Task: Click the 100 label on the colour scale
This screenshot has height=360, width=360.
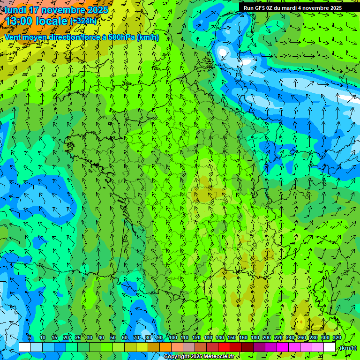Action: coord(173,337)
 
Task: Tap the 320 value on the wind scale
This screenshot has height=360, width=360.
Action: coord(337,337)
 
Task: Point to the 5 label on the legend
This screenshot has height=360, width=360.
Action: coord(30,337)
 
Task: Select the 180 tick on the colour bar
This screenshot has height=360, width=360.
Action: coord(255,337)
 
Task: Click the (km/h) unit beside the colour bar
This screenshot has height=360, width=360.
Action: coord(347,348)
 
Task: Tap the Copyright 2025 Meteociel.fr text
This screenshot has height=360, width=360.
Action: coord(199,357)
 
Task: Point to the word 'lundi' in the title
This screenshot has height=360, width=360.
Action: coord(15,10)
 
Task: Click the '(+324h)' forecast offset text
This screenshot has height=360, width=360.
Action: coord(83,21)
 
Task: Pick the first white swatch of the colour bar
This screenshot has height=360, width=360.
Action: coord(25,347)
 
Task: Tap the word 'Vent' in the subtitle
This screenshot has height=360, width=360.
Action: coord(13,37)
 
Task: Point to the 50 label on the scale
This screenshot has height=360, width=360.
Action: coord(113,337)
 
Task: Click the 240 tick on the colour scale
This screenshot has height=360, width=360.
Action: coord(290,337)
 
